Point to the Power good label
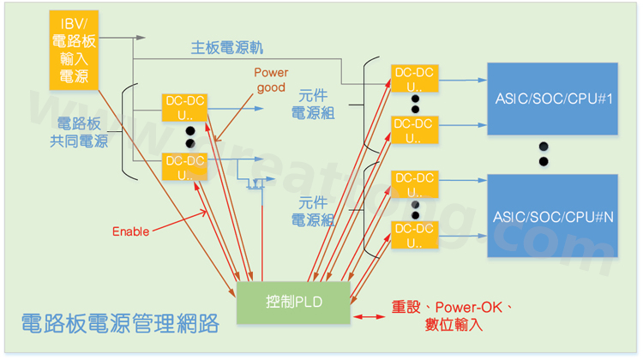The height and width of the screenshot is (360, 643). [x=272, y=80]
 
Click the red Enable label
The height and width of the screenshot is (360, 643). [x=130, y=231]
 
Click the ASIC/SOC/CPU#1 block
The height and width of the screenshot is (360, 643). [x=551, y=98]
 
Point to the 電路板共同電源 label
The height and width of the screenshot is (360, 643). [x=78, y=132]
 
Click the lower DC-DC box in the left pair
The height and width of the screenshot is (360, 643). [x=184, y=167]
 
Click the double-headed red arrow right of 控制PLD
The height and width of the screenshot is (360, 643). [x=367, y=317]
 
